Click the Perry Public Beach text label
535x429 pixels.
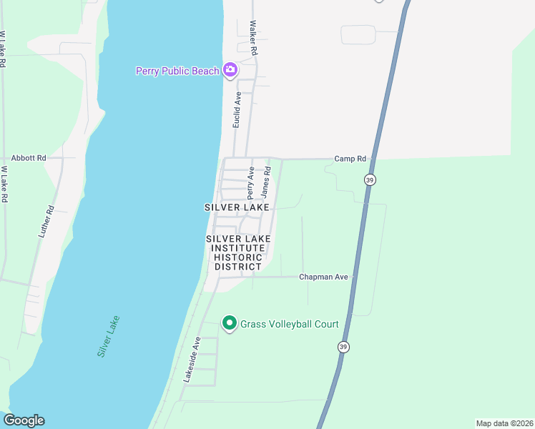[178, 71]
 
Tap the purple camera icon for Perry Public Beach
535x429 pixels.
[230, 70]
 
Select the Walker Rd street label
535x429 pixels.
[252, 37]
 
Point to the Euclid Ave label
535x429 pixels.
[237, 109]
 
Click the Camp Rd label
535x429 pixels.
[350, 159]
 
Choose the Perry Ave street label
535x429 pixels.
[251, 183]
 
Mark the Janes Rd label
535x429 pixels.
[265, 182]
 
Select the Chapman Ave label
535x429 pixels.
[323, 277]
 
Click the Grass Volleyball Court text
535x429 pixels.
[289, 324]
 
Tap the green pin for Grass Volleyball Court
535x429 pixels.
[230, 324]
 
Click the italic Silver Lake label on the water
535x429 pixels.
[108, 337]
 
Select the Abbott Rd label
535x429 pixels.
[29, 158]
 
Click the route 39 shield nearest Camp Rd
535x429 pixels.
[369, 179]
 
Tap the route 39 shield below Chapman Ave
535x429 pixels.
[344, 347]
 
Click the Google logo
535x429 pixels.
[24, 420]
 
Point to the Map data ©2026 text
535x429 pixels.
[504, 423]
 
